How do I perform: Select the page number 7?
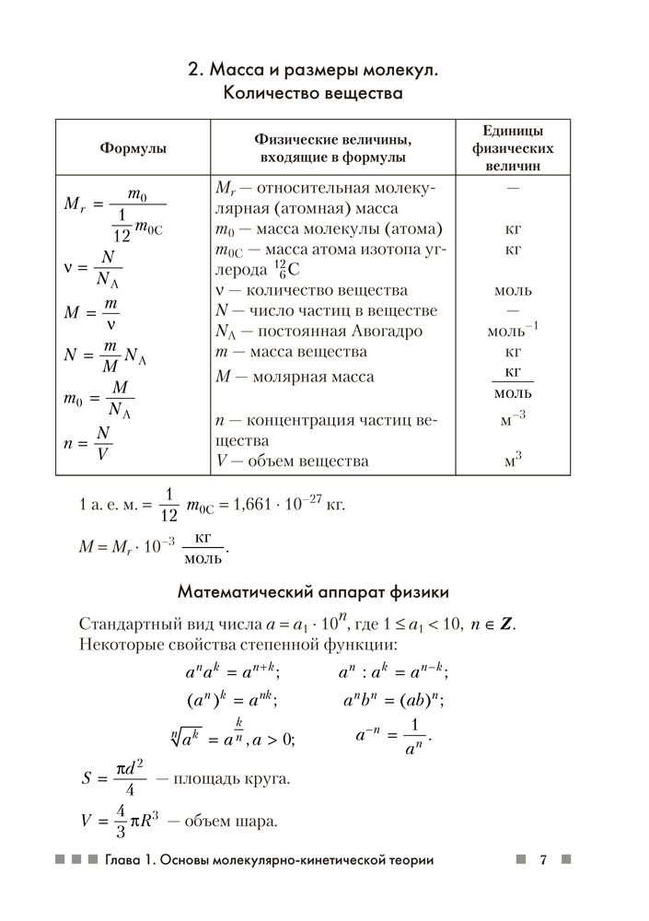[543, 860]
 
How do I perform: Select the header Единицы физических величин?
[513, 147]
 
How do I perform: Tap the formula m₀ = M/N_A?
[99, 399]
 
